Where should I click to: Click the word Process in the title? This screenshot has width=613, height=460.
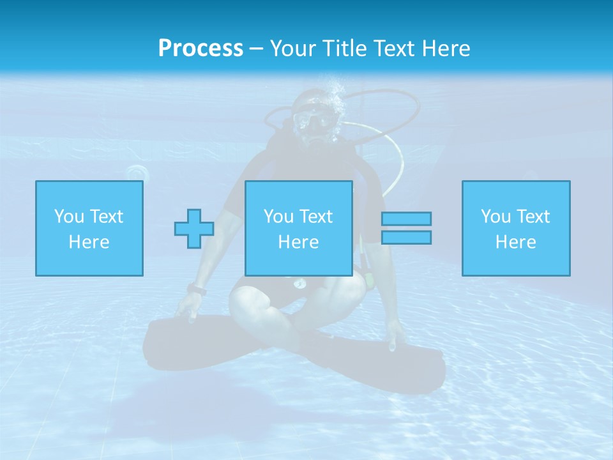click(201, 49)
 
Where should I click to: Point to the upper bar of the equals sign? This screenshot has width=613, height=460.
click(406, 218)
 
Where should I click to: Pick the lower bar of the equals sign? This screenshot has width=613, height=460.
click(406, 237)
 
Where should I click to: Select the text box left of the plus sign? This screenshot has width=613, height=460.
click(89, 228)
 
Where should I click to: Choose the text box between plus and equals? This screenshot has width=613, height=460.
click(299, 228)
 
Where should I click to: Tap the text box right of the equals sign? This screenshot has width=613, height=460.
click(516, 228)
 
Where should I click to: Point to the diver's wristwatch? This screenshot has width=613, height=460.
click(197, 290)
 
